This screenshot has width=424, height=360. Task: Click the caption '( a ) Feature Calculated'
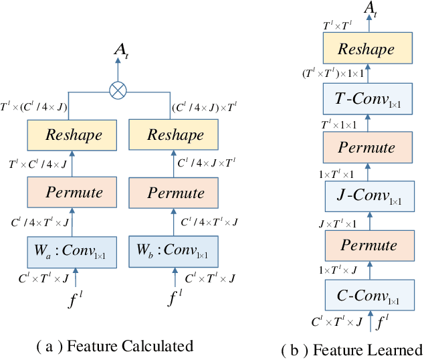coord(114,346)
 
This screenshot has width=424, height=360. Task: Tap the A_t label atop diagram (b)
coord(369,7)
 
